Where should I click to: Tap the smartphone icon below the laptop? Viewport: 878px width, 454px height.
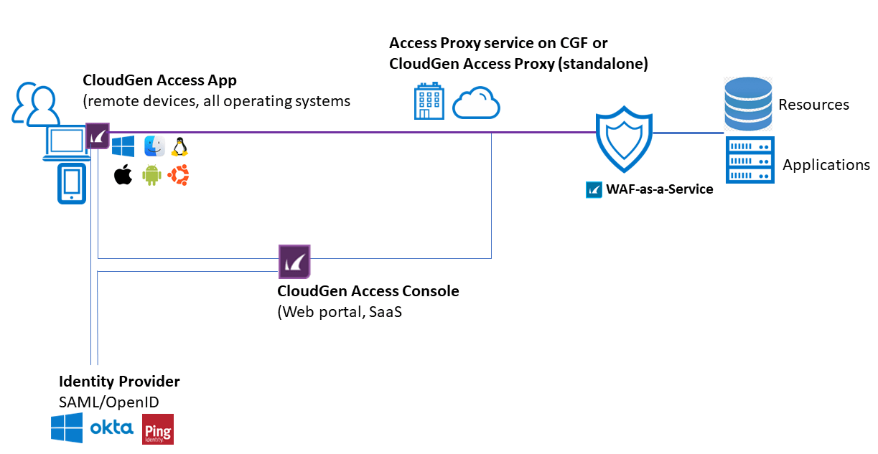[x=72, y=184]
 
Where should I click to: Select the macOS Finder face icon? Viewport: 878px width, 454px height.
[x=154, y=146]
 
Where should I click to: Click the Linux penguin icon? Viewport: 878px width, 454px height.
[x=179, y=146]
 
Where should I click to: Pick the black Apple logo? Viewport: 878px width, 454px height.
[x=123, y=175]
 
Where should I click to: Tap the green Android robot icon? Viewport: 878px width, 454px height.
[x=151, y=175]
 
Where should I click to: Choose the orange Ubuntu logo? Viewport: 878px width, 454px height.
[x=178, y=175]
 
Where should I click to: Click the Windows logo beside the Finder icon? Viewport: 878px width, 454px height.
[x=123, y=147]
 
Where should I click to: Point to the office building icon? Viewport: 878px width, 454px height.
[x=429, y=102]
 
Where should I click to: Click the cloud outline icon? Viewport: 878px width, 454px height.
[x=476, y=103]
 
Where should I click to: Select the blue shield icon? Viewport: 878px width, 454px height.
[x=624, y=141]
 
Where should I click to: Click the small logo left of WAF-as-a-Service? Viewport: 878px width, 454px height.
[x=594, y=189]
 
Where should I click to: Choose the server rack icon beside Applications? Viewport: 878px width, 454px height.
[x=749, y=159]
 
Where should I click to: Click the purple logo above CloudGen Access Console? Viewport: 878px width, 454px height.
[x=294, y=261]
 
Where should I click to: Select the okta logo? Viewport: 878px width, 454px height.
[x=111, y=428]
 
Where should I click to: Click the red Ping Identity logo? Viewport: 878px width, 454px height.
[x=158, y=429]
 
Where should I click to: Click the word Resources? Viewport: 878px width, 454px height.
[x=813, y=105]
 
